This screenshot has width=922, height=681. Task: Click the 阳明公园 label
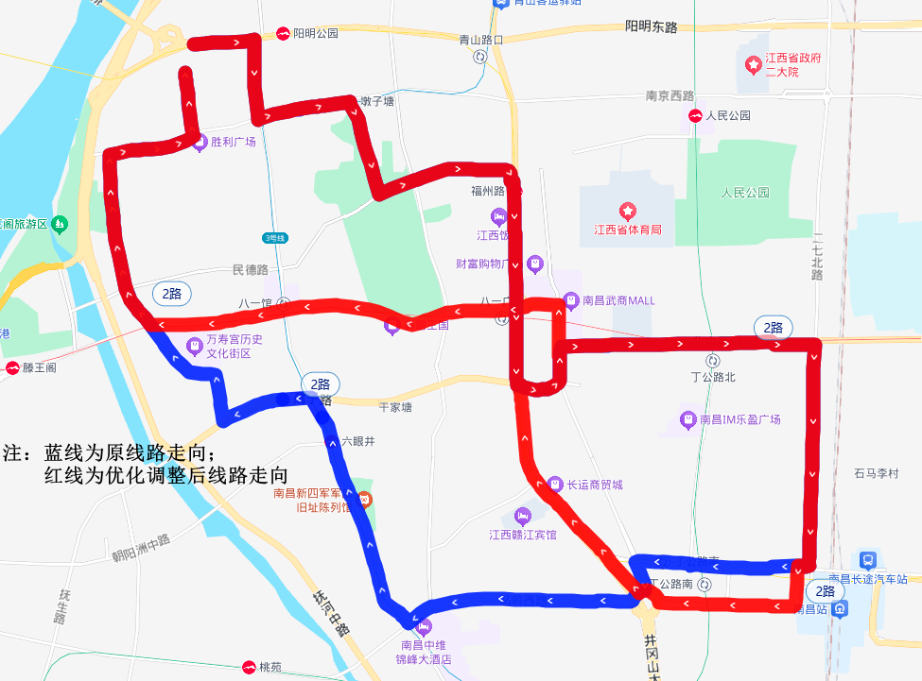coord(315,33)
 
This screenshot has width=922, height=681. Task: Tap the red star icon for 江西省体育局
coord(625,211)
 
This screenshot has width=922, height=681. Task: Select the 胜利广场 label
coord(234,143)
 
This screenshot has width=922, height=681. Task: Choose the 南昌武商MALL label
coord(618,301)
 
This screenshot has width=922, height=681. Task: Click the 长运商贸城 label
coord(595,485)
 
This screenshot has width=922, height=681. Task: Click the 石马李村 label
coord(875,473)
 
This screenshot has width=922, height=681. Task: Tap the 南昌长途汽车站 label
coord(868,578)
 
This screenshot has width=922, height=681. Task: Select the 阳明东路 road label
coord(652,27)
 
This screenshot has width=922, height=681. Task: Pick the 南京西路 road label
coord(670,96)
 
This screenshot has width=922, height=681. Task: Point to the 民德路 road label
coord(251,270)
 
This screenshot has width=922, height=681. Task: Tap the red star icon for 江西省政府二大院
coord(753,65)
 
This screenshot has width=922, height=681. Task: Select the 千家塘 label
coord(395,407)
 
